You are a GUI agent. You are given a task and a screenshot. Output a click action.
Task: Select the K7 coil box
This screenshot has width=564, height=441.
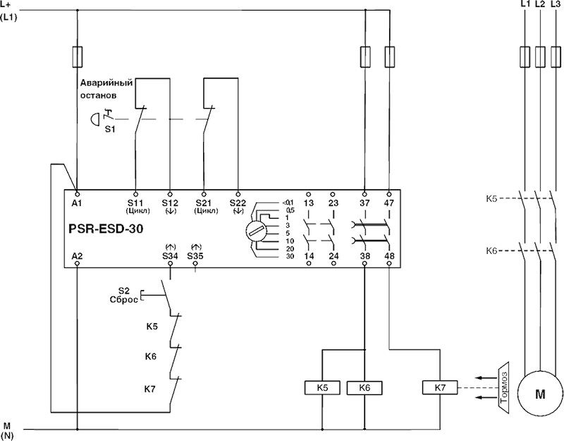tap(439, 388)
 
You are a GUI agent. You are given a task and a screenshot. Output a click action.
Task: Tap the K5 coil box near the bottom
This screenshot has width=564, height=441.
tap(321, 387)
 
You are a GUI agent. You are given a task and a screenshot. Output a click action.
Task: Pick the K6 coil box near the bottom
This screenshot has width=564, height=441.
tap(364, 387)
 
